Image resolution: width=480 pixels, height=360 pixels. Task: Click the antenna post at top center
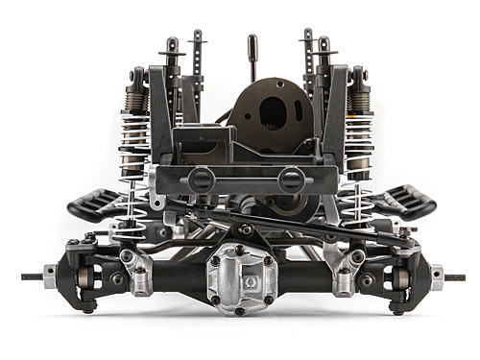tap(252, 56)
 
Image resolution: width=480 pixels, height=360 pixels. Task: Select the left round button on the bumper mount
tap(200, 179)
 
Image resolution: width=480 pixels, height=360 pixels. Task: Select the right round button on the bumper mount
tap(291, 179)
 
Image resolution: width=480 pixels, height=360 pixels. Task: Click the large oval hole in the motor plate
tap(273, 113)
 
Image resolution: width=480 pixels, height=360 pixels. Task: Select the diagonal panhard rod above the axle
tap(288, 222)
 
